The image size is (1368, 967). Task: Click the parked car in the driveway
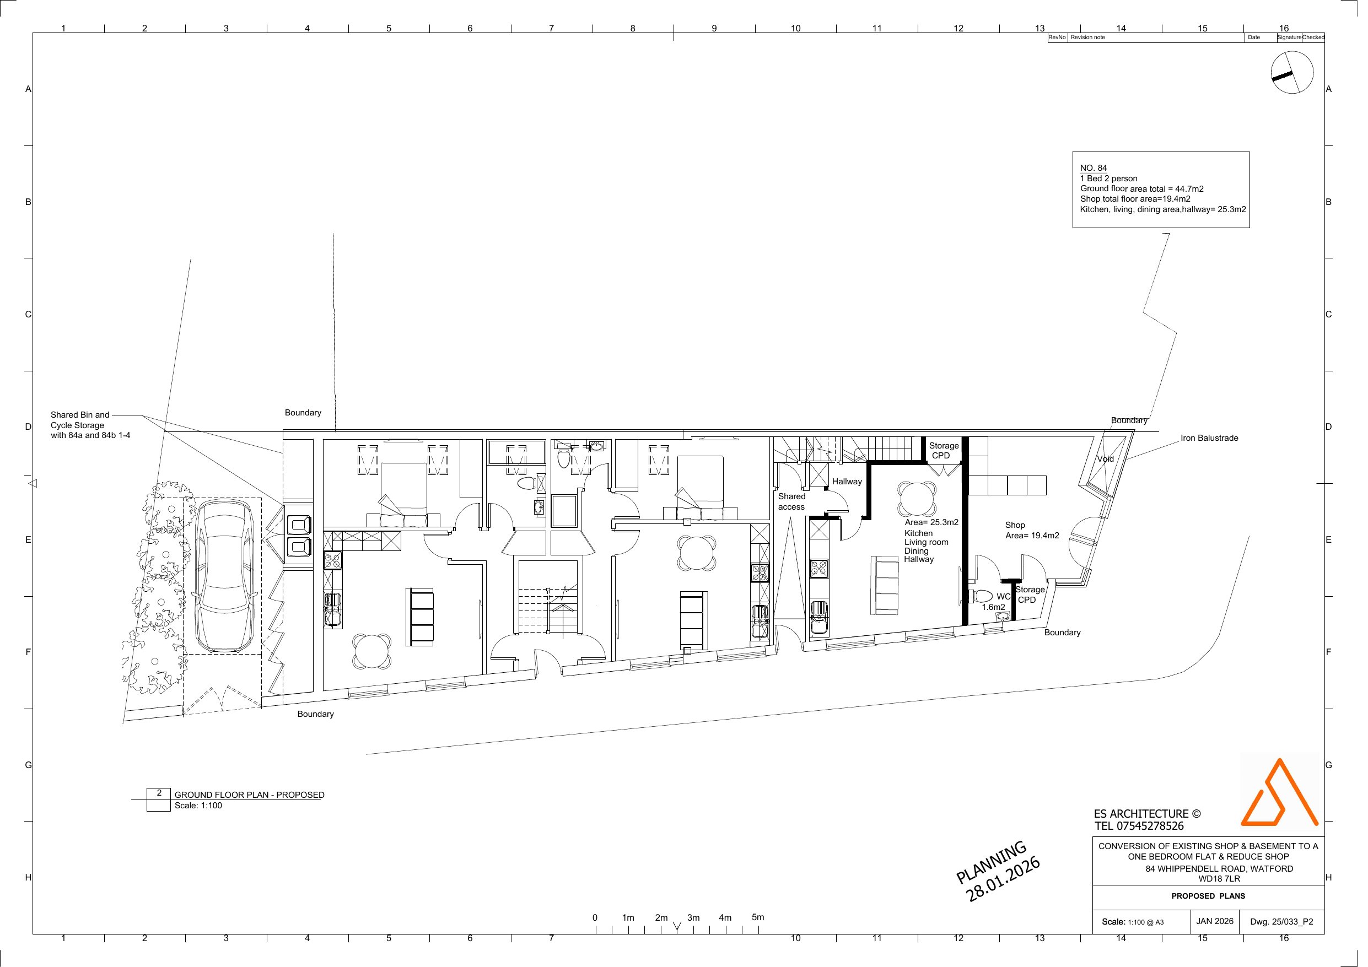[x=225, y=576]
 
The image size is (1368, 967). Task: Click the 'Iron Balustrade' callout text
[x=1209, y=438]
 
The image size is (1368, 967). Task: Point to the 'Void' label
[x=1105, y=459]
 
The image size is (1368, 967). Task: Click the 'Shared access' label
[x=791, y=501]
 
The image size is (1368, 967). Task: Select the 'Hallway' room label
[x=847, y=482]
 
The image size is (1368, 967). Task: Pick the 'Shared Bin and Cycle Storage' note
[x=90, y=425]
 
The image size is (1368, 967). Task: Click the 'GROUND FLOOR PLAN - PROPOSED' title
[x=249, y=795]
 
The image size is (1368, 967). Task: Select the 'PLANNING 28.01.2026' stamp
[x=998, y=871]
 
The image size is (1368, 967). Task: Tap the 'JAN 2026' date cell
[x=1214, y=921]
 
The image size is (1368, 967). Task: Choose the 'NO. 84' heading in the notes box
[x=1094, y=168]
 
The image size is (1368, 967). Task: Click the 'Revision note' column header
[x=1087, y=37]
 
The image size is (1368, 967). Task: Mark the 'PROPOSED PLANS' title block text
[x=1208, y=896]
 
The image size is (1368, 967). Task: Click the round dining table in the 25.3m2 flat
[x=917, y=498]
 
